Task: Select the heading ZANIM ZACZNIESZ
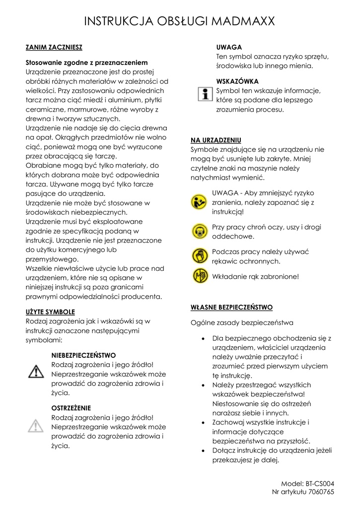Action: pos(54,48)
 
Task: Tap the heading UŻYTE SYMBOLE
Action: pos(50,312)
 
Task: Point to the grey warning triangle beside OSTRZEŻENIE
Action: pos(35,425)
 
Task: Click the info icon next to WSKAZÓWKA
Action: pos(203,93)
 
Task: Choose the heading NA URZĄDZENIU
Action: pos(216,140)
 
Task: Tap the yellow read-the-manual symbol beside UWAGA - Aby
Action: pos(200,202)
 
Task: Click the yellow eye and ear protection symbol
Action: pos(200,231)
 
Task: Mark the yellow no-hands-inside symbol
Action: pos(200,276)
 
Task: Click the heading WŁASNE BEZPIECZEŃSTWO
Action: pos(231,308)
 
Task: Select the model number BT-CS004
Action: pos(320,484)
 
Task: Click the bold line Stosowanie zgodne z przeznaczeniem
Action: pos(86,63)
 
